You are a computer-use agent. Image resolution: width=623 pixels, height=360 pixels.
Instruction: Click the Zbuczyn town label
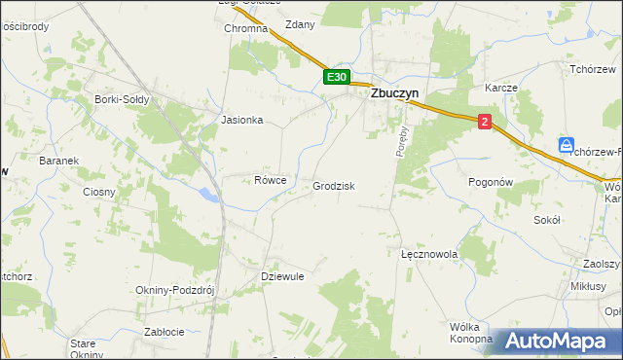pos(399,95)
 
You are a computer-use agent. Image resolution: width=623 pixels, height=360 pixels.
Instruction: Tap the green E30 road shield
pos(336,77)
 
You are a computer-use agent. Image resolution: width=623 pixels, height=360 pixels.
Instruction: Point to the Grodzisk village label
pos(334,186)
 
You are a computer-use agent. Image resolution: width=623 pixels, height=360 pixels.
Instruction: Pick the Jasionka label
pos(242,121)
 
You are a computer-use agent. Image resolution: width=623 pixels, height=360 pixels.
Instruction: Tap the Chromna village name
pos(245,29)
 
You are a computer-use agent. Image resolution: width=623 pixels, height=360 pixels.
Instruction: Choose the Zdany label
pos(300,25)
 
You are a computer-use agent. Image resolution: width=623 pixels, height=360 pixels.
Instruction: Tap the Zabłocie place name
pos(165,331)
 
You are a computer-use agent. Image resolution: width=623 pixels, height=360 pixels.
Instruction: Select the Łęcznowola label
pos(429,253)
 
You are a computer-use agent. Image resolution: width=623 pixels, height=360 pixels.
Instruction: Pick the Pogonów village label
pos(491,182)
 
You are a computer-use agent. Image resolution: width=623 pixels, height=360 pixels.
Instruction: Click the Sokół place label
pos(548,220)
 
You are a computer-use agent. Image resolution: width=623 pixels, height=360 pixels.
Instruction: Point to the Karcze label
pos(500,88)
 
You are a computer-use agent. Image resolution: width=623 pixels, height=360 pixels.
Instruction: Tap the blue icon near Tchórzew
pos(567,145)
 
